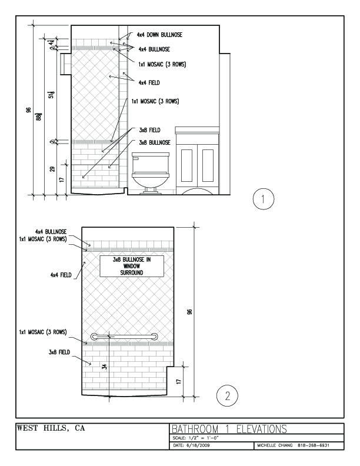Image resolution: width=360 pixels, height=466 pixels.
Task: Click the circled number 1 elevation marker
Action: click(262, 199)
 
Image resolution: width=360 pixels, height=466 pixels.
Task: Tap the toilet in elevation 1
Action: click(151, 172)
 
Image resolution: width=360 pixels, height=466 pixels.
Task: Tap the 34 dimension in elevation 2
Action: click(104, 367)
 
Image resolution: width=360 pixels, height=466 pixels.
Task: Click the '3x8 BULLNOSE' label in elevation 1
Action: click(154, 143)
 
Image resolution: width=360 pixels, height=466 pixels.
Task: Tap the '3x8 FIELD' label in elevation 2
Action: click(59, 352)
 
